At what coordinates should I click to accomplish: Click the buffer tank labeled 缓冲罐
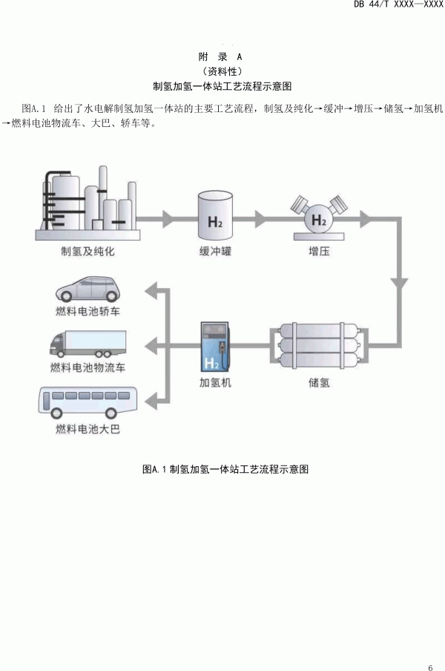(215, 215)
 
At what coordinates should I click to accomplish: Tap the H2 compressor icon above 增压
(318, 216)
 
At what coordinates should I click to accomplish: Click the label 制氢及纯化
(88, 251)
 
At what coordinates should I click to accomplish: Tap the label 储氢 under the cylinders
(318, 384)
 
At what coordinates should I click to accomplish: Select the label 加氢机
(215, 384)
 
